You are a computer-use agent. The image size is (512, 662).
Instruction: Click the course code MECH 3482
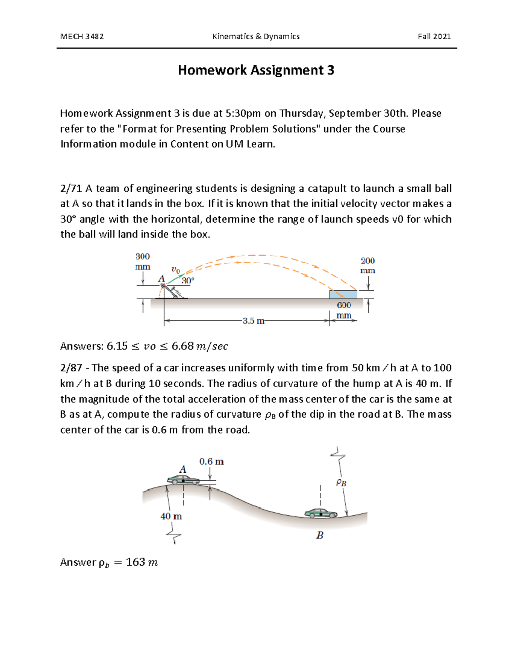click(82, 37)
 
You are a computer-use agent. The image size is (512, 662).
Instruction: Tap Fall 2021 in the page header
click(434, 37)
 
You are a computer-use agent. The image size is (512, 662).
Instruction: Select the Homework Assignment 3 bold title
click(256, 70)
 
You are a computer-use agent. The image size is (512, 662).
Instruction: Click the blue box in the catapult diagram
click(343, 294)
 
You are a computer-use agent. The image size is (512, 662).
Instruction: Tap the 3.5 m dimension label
click(253, 321)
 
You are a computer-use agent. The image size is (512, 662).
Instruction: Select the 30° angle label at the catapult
click(188, 280)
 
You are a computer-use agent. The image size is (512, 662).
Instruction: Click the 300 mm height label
click(143, 261)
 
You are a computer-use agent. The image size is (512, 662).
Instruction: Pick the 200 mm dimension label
click(367, 266)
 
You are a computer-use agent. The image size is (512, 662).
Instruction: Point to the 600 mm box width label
click(344, 310)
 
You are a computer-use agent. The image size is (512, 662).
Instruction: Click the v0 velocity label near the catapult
click(175, 270)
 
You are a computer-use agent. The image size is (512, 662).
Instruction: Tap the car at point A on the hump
click(183, 480)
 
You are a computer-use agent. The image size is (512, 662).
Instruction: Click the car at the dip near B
click(321, 513)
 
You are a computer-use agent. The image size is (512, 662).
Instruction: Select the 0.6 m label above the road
click(212, 461)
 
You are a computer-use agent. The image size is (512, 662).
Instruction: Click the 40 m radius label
click(171, 516)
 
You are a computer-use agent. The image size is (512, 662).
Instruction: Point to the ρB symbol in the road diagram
click(341, 483)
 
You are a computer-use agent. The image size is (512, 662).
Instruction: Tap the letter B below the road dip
click(320, 535)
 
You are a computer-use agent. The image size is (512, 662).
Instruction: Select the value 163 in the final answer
click(136, 562)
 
